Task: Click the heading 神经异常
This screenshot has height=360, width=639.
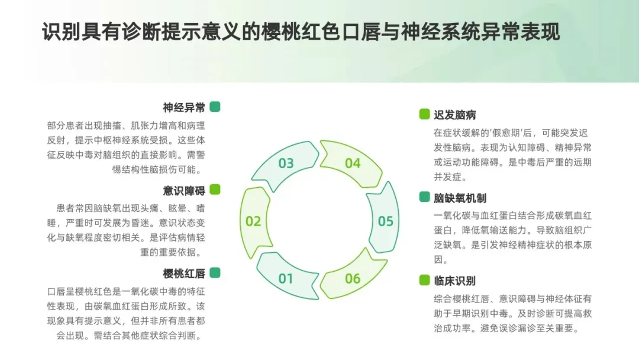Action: [x=184, y=107]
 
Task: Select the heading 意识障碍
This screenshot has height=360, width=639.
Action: [x=184, y=190]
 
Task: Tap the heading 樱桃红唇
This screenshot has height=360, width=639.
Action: [x=184, y=273]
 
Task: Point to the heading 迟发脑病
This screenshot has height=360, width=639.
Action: [x=454, y=115]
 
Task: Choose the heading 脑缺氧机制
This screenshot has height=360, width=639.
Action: [x=460, y=198]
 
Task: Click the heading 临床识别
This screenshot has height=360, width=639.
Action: [x=454, y=281]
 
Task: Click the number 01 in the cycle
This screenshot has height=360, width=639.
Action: [x=286, y=278]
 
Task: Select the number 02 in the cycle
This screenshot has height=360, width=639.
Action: [x=253, y=221]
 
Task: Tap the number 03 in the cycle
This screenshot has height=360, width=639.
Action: [x=286, y=163]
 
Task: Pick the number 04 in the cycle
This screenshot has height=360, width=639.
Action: [x=353, y=163]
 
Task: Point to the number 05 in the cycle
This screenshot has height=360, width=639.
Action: [x=386, y=221]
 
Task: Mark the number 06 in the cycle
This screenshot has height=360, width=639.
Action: [x=353, y=278]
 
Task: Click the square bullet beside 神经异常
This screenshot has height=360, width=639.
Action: [x=215, y=107]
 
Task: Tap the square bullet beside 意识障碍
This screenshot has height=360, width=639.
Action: [x=215, y=189]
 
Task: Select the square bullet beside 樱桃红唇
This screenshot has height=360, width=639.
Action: [x=215, y=272]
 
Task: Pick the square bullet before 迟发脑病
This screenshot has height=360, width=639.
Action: [x=424, y=114]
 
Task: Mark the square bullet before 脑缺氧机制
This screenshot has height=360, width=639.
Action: [x=424, y=197]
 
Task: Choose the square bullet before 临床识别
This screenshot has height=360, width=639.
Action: [x=424, y=280]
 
